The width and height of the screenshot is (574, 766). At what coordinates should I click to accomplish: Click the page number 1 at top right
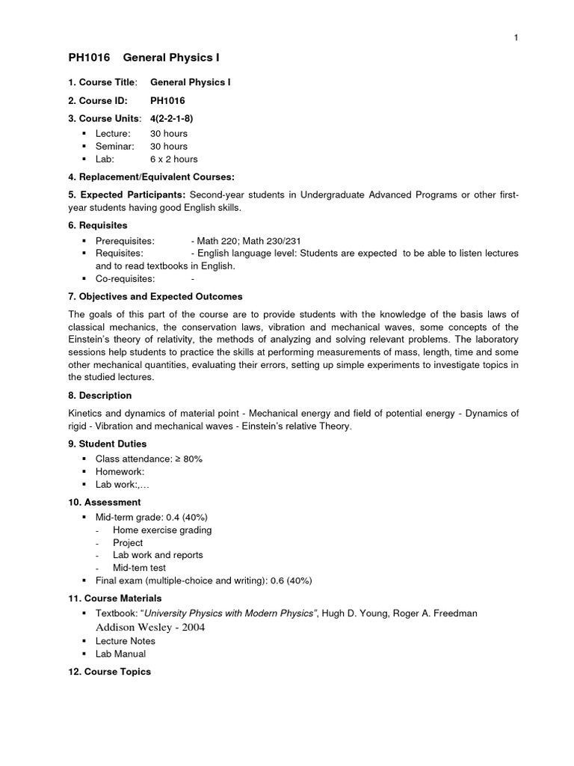pos(516,39)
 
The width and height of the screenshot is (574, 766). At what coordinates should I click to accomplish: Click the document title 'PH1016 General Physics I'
pos(143,58)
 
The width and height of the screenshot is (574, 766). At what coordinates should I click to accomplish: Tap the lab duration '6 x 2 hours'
pos(174,159)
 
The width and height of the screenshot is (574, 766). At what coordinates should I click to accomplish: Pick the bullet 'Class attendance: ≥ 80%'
pos(149,459)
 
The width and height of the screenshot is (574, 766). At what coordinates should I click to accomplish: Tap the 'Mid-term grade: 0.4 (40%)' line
pos(151,517)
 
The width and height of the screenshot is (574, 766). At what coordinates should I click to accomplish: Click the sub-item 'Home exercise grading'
pos(162,530)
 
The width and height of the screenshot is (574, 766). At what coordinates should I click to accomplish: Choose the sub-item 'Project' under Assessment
pos(128,542)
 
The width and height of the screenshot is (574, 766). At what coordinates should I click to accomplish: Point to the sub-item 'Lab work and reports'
pos(158,555)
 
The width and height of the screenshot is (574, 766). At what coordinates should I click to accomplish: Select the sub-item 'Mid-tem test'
pos(139,568)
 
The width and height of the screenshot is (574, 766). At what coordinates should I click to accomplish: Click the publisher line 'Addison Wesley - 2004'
pos(149,627)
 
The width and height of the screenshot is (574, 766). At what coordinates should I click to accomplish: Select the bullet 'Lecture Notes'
pos(126,641)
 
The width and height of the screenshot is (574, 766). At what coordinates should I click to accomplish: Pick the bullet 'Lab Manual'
pos(120,654)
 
